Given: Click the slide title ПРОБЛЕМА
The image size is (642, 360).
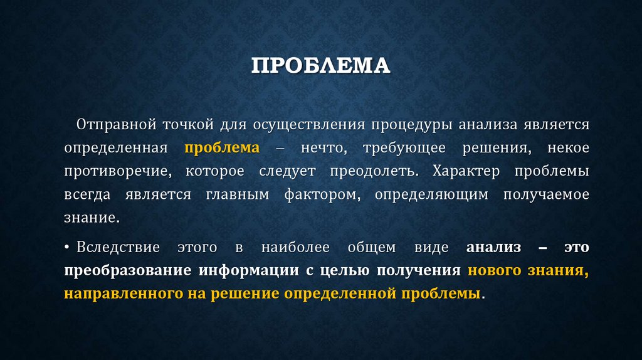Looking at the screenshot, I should (320, 66).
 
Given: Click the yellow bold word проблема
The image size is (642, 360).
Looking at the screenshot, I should (221, 148).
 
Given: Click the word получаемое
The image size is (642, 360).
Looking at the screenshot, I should (546, 195).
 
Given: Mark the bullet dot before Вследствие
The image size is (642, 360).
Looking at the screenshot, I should (66, 248).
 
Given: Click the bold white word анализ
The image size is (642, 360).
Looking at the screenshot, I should (493, 248).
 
